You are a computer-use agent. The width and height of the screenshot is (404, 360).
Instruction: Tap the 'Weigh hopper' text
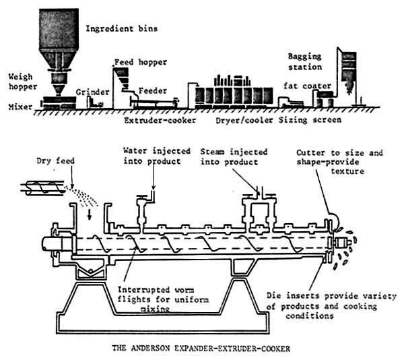pos(17,81)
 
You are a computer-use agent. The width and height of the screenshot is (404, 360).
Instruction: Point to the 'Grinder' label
pos(91,90)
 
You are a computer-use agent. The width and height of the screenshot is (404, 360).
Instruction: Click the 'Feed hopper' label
pos(141,61)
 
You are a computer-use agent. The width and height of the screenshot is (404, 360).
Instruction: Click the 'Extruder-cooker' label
pos(155,121)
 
